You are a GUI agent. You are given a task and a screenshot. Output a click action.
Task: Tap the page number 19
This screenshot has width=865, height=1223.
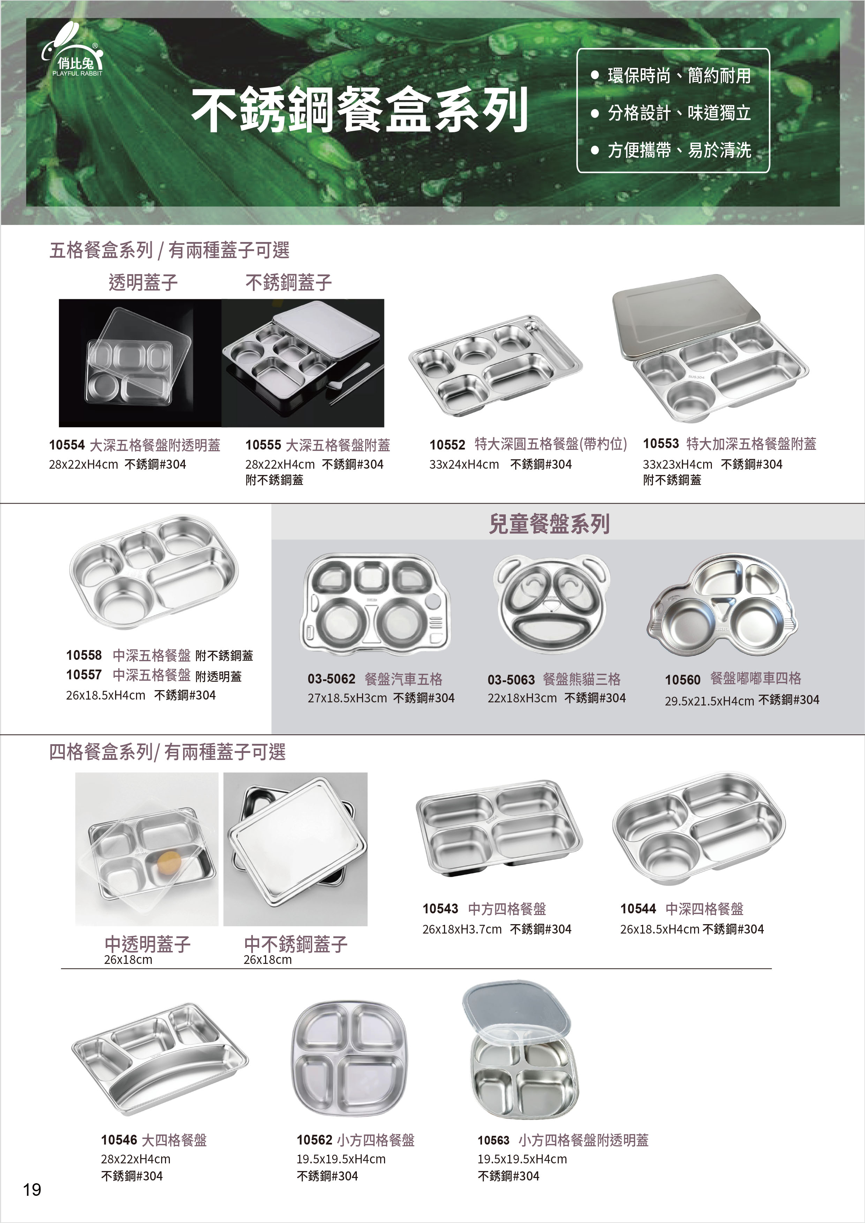(32, 1190)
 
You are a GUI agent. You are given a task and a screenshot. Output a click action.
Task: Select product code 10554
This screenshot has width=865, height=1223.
(67, 445)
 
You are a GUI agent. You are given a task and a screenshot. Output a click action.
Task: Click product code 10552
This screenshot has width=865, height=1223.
(447, 445)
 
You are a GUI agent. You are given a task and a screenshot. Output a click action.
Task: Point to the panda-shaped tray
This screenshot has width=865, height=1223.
(552, 604)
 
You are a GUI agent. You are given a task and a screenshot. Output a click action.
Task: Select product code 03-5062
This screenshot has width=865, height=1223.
(331, 679)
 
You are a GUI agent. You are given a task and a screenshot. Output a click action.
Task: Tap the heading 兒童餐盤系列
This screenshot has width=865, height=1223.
(549, 523)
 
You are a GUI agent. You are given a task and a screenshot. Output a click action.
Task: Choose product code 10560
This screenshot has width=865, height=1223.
(683, 680)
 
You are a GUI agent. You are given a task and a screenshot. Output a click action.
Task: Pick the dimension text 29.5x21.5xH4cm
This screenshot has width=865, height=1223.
(709, 701)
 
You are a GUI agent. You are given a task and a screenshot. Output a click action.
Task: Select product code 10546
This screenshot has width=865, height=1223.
(119, 1140)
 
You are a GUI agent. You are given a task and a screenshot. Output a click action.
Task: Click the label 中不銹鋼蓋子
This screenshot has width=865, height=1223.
(296, 944)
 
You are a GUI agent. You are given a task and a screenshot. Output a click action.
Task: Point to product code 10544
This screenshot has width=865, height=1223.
(638, 909)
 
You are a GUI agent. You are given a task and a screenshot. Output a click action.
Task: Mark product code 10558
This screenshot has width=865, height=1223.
(84, 655)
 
